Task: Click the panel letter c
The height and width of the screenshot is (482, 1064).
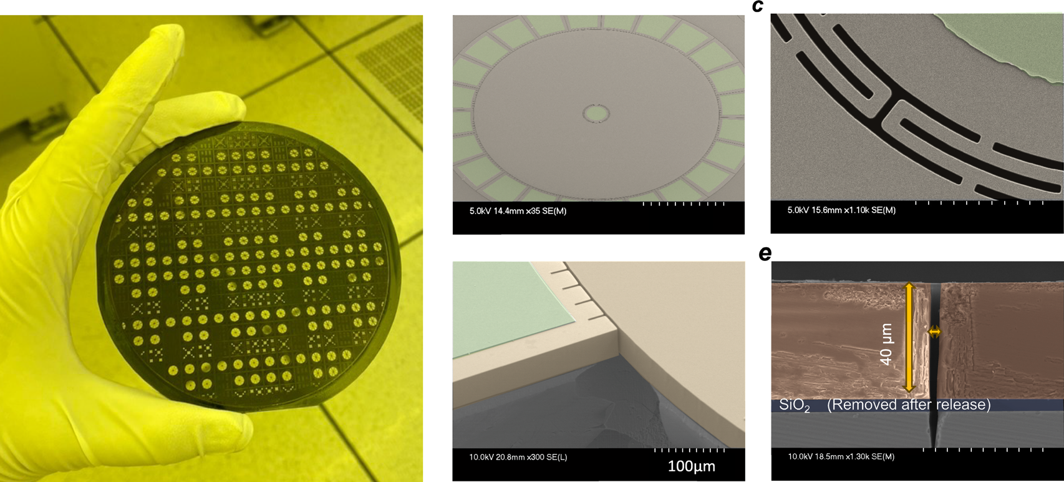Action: [758, 6]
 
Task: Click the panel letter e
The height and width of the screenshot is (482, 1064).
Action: [765, 254]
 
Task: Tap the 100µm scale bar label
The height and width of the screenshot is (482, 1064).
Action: [691, 466]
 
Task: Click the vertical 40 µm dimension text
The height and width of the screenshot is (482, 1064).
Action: [886, 344]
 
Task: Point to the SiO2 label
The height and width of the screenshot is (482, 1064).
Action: [794, 405]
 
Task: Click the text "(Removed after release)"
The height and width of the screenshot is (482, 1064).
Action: [909, 405]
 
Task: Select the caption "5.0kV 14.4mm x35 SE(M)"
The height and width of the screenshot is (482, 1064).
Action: [518, 211]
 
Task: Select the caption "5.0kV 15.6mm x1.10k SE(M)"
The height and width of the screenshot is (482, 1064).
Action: [841, 210]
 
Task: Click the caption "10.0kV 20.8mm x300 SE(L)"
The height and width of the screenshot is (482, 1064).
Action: [518, 457]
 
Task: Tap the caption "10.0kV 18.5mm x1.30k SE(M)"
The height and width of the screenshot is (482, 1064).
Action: [841, 457]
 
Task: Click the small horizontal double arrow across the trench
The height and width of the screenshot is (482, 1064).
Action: [934, 332]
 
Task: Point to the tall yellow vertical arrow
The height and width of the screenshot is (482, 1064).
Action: [909, 337]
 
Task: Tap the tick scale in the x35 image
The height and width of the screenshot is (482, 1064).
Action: [684, 204]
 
